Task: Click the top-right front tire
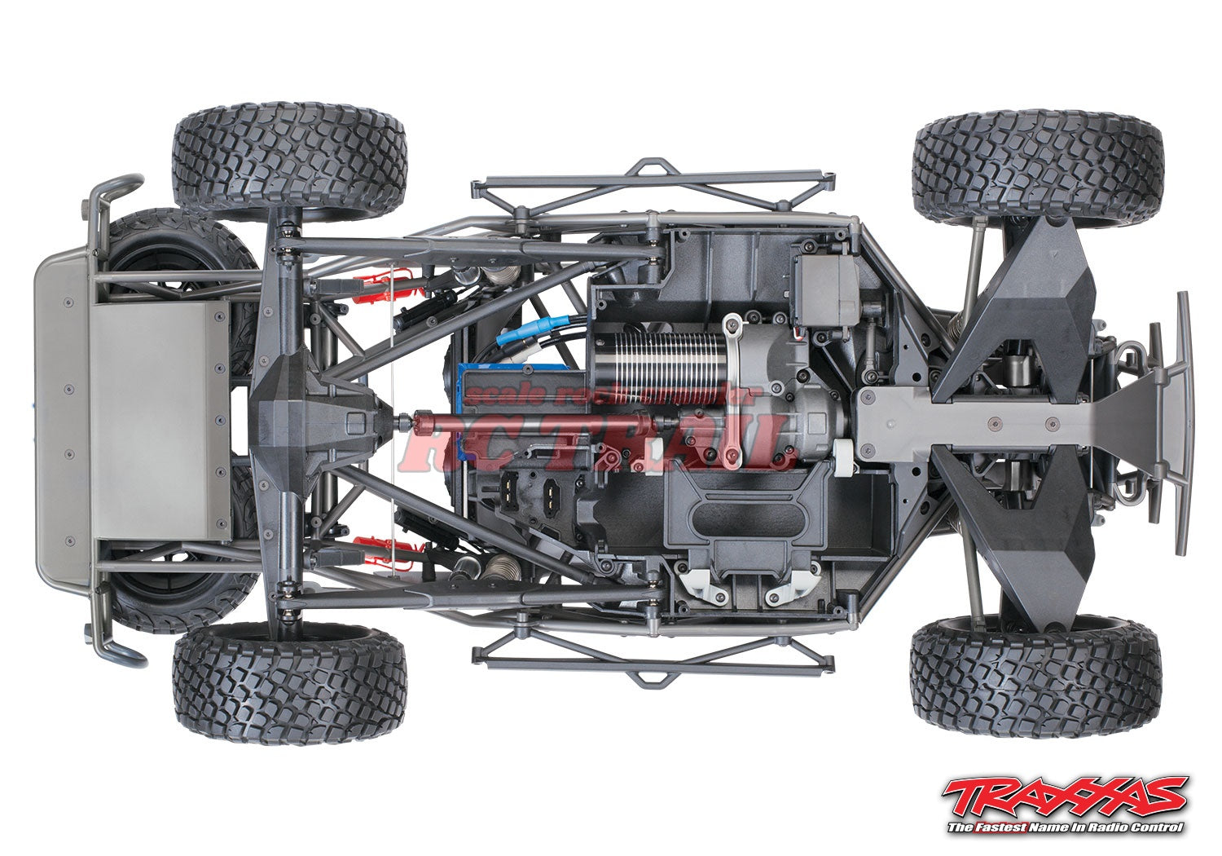pos(1035,170)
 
